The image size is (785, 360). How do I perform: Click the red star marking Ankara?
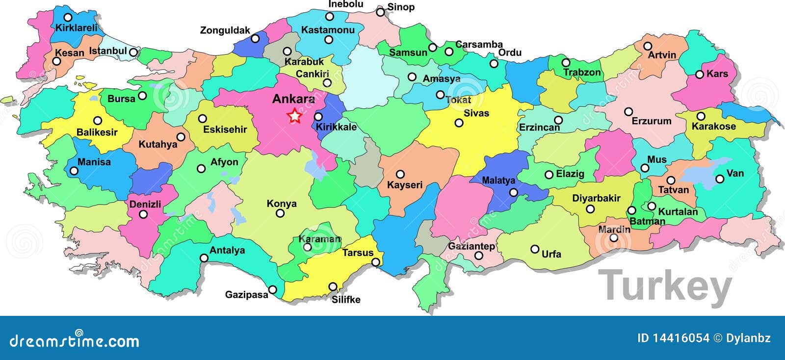click(294, 116)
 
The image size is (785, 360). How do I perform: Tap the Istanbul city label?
click(108, 51)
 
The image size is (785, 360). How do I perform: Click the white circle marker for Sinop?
click(380, 12)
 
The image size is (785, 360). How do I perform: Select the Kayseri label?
click(405, 185)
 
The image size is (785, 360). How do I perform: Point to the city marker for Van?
click(720, 179)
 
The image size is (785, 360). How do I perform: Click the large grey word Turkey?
click(665, 286)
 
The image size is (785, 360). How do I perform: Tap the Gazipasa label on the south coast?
click(246, 295)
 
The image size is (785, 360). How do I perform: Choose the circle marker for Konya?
click(280, 213)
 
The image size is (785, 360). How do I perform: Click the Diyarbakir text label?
click(596, 198)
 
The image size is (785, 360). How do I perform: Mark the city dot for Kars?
click(700, 75)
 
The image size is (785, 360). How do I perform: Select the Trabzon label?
click(582, 73)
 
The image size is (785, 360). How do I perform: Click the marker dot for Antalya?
click(204, 258)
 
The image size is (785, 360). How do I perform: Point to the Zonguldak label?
click(225, 30)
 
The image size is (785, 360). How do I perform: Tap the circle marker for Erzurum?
click(628, 112)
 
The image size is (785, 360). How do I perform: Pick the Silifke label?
click(346, 299)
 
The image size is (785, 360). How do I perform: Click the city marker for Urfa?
click(535, 249)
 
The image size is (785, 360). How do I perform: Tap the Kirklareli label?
click(77, 28)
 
